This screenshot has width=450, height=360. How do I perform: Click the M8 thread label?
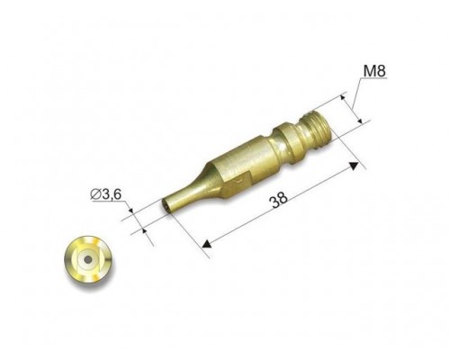(x=374, y=71)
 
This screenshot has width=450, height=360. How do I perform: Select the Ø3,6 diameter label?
(x=105, y=194)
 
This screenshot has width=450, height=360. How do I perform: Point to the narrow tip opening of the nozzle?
(x=165, y=206)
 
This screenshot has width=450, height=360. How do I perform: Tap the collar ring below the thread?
(x=290, y=140)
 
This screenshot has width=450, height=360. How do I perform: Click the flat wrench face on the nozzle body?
(x=236, y=184)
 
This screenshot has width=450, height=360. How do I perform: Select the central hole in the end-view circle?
(x=88, y=259)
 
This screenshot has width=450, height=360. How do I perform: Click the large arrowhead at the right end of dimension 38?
(x=354, y=166)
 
